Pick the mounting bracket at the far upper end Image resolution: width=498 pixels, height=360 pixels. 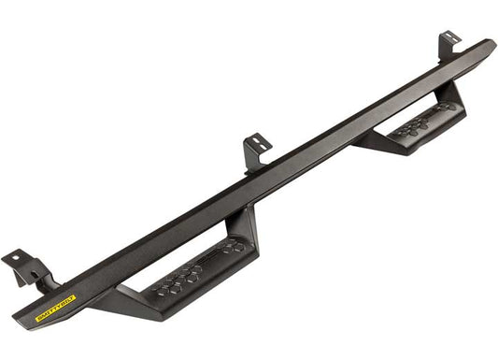[x=450, y=45]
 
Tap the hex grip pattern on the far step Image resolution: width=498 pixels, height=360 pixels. [x=420, y=122]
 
